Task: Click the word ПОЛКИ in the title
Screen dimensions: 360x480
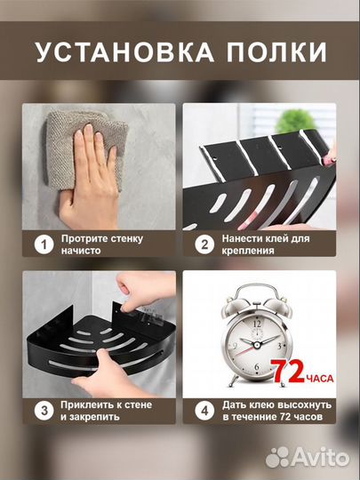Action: point(277,52)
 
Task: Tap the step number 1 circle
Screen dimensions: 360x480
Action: point(44,245)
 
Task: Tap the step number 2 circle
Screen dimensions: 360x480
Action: point(204,245)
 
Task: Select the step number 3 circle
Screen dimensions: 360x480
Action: point(44,411)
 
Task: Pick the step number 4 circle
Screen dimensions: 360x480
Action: point(204,411)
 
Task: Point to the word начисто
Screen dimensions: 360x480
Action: point(81,251)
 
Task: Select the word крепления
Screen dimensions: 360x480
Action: point(248,252)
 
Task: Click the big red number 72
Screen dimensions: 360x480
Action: point(287,372)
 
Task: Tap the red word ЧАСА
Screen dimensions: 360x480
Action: point(319,379)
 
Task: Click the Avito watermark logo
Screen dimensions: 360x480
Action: point(307,458)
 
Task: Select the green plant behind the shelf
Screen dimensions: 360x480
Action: point(295,121)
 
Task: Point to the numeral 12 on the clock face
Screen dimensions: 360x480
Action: point(257,324)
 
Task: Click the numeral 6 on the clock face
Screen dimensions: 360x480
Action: point(257,367)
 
